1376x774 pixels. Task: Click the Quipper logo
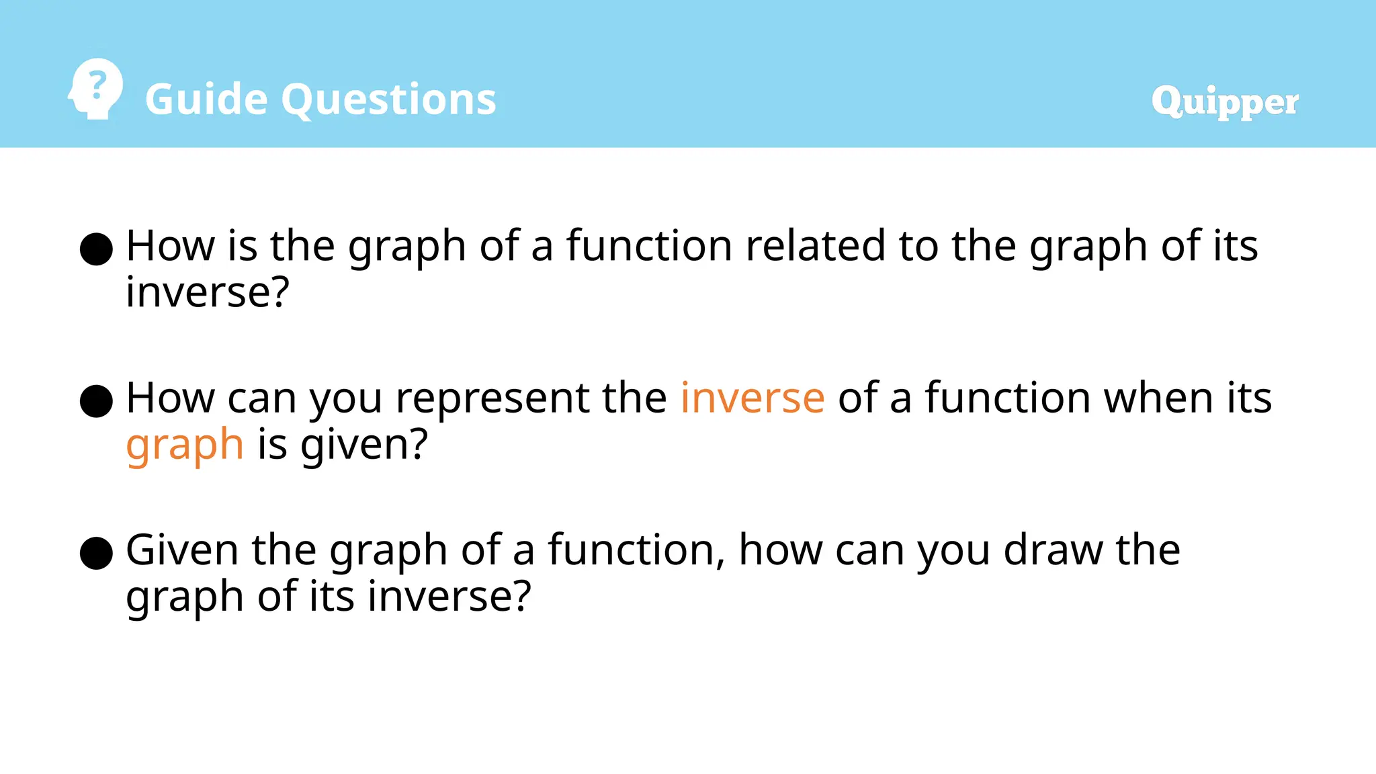tap(1224, 101)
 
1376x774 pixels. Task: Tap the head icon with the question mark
tap(96, 89)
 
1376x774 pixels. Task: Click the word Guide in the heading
tap(206, 99)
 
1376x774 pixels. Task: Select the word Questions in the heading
tap(388, 99)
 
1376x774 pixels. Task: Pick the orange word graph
tap(185, 445)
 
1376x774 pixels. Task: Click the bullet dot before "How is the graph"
tap(96, 249)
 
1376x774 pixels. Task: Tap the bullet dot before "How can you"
tap(96, 401)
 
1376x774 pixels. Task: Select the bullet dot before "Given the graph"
tap(96, 553)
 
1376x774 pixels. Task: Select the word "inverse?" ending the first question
tap(208, 292)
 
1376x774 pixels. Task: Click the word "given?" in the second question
tap(363, 445)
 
